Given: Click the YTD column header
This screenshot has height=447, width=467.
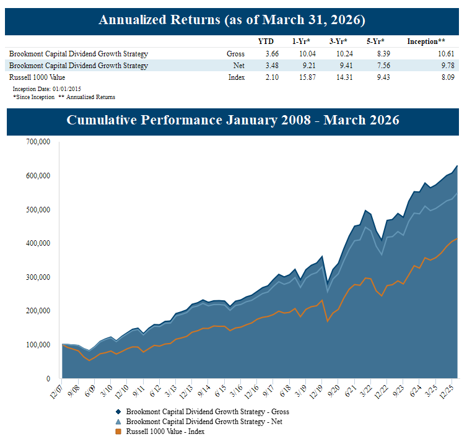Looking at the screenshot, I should pos(265,41).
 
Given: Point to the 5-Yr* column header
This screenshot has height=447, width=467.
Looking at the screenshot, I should pos(375,41).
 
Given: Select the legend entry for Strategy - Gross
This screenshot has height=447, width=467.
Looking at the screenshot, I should pos(207,412).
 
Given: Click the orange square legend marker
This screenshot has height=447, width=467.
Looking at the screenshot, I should pos(118,432).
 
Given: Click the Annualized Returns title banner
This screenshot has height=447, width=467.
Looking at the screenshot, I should pos(232,20).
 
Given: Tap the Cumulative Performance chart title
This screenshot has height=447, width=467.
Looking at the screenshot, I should pos(232,120).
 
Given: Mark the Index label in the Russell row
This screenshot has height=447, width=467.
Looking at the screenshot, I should pos(237,77).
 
